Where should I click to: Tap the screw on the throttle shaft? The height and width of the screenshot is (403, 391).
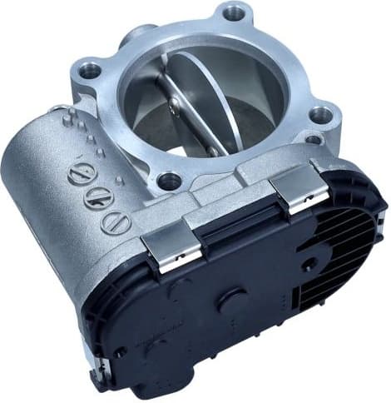[174, 105]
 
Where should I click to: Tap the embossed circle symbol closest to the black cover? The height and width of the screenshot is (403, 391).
[113, 221]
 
